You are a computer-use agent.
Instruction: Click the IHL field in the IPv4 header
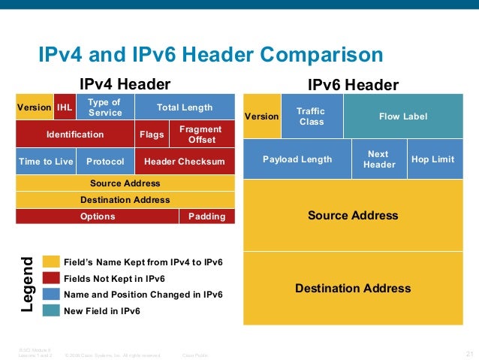click(x=65, y=107)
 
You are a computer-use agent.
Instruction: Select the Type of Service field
click(x=104, y=107)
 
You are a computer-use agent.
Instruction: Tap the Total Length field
click(x=185, y=107)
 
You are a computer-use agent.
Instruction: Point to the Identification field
click(x=75, y=135)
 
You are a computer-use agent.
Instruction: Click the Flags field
click(x=152, y=135)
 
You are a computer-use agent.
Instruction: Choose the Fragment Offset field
click(x=201, y=135)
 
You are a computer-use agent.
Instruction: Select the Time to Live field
click(x=44, y=162)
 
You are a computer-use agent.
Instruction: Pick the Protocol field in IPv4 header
click(x=105, y=162)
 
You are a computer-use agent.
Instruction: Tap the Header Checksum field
click(x=185, y=162)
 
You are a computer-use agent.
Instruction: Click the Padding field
click(x=206, y=216)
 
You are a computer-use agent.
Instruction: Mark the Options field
click(x=98, y=216)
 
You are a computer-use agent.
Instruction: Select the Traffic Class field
click(x=311, y=116)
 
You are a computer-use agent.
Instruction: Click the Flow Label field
click(x=403, y=116)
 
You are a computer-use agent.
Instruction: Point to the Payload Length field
click(x=297, y=159)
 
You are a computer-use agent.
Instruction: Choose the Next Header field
click(x=379, y=159)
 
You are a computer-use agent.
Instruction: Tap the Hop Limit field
click(x=433, y=159)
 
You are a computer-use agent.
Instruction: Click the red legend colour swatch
click(x=51, y=278)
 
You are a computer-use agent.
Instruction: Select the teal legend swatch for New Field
click(x=51, y=310)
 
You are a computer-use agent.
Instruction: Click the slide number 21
click(x=470, y=354)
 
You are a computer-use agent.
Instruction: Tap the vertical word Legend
click(x=28, y=286)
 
